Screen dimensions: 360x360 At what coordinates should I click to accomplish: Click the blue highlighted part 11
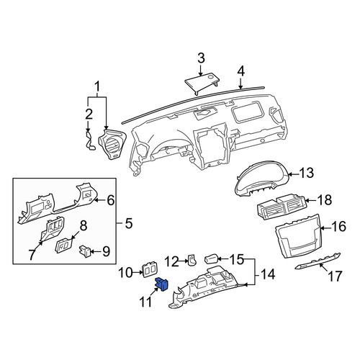162,284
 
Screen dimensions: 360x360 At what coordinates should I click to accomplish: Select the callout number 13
307,173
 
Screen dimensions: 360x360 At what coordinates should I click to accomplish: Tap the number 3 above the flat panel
201,58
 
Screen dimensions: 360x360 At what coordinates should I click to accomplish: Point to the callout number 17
334,276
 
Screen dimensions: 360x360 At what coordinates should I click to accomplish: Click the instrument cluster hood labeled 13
262,179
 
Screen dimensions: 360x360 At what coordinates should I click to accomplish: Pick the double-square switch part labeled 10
149,271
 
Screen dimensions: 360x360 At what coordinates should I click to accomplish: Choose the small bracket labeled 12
192,260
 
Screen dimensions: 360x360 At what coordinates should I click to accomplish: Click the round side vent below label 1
112,145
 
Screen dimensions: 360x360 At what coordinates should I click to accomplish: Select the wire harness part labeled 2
91,140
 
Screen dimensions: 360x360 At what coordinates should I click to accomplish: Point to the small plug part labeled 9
85,251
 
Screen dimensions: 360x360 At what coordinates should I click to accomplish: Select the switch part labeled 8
64,245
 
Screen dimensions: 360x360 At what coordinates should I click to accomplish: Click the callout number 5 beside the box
129,224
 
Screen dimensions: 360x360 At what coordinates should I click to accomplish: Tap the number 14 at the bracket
268,274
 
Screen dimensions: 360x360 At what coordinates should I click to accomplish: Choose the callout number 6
111,200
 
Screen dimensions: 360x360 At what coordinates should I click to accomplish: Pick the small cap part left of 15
211,259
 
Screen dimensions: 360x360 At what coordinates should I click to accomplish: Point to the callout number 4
240,71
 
